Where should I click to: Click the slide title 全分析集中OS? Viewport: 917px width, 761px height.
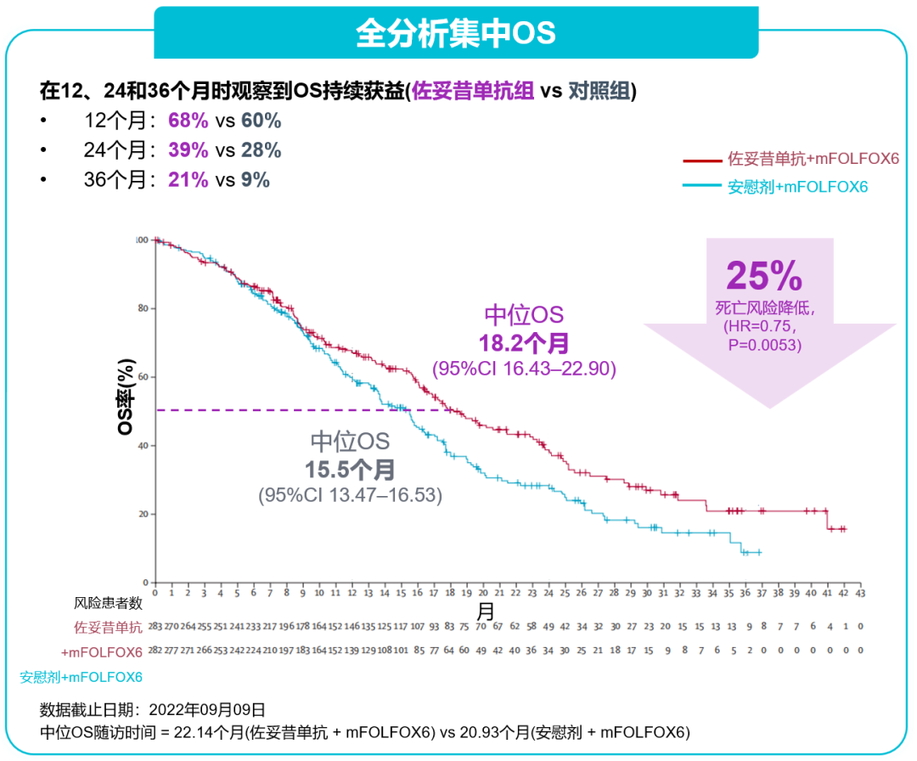tap(456, 32)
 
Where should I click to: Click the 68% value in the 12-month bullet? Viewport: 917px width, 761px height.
tap(188, 120)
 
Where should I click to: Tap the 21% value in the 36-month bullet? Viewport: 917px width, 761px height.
tap(188, 180)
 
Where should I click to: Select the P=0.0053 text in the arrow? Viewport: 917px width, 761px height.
tap(763, 345)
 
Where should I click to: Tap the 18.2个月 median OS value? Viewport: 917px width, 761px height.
tap(524, 343)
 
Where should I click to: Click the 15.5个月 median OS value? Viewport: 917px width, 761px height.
tap(350, 470)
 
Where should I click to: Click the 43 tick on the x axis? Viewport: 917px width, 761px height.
tap(860, 592)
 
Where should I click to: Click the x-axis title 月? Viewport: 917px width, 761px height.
tap(485, 611)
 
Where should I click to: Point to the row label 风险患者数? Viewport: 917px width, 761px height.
tap(107, 604)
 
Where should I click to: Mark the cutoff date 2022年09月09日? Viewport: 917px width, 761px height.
tap(207, 710)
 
